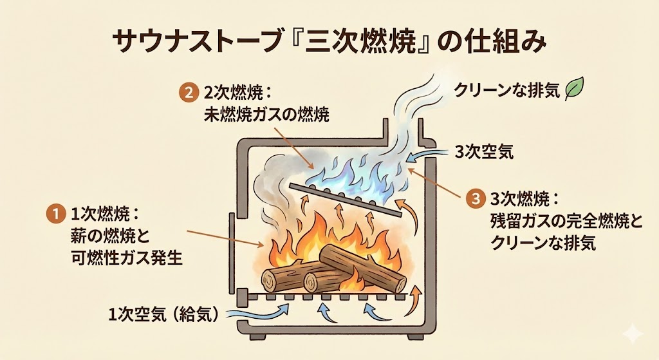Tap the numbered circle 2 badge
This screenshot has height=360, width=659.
187,93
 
